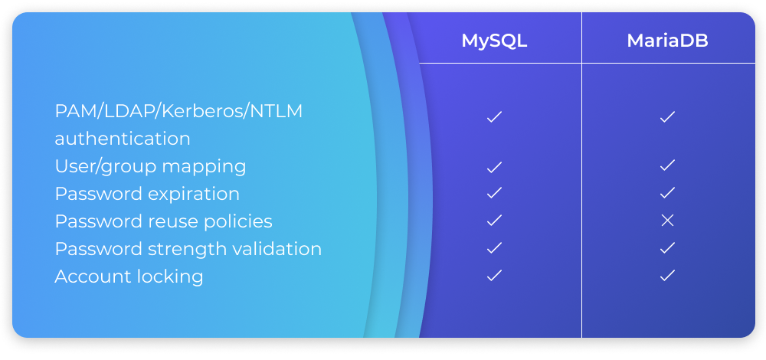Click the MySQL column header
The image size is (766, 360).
point(494,41)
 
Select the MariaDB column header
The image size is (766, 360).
point(667,41)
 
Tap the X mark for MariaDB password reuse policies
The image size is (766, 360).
point(667,221)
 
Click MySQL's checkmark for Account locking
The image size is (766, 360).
point(494,276)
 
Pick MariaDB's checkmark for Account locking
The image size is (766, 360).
point(667,276)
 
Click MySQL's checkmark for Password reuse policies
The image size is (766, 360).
point(494,221)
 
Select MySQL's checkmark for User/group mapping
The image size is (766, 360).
point(494,168)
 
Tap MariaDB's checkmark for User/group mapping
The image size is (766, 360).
point(667,165)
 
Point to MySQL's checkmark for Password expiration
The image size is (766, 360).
point(494,192)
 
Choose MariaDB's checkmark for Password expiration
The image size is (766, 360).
point(667,192)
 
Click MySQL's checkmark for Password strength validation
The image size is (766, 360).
point(494,248)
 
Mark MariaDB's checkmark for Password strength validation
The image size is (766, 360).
point(667,248)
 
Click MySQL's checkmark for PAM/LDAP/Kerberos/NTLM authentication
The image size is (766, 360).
point(494,116)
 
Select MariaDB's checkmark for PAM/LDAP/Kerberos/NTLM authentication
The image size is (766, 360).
point(667,116)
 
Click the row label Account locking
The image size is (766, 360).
point(129,277)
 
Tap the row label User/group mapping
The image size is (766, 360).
point(150,167)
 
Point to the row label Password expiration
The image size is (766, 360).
point(147,195)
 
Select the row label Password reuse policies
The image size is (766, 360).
point(164,222)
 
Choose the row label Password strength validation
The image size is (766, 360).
point(188,249)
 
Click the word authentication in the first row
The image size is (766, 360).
point(123,139)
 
